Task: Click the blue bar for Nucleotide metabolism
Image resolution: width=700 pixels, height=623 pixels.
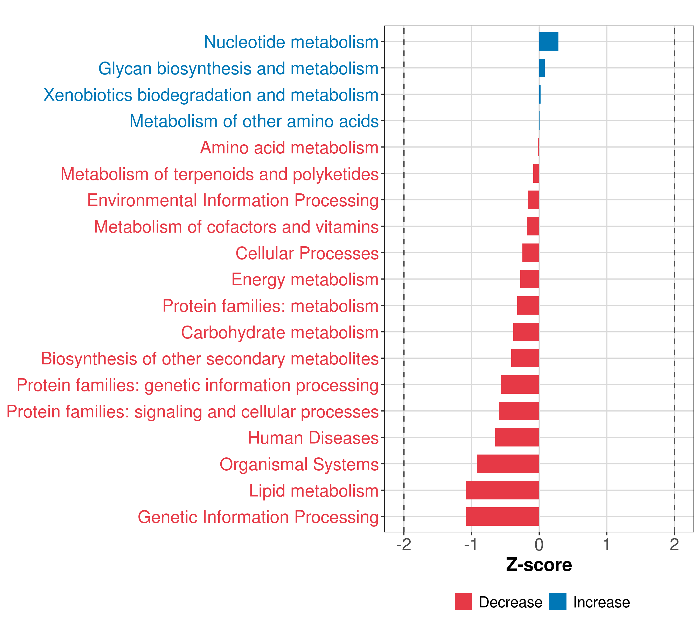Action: pyautogui.click(x=549, y=42)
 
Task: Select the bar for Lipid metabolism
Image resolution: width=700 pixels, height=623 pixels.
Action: pyautogui.click(x=502, y=490)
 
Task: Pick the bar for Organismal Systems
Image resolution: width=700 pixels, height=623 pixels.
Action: pyautogui.click(x=508, y=464)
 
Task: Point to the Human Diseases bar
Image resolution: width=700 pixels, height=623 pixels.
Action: pyautogui.click(x=517, y=437)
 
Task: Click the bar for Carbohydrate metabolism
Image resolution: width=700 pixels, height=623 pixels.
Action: pyautogui.click(x=526, y=332)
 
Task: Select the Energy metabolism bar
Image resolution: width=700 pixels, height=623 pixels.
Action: pyautogui.click(x=529, y=279)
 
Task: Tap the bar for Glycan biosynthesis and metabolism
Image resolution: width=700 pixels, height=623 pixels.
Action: pyautogui.click(x=542, y=68)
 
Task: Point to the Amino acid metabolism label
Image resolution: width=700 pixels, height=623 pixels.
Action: pyautogui.click(x=289, y=148)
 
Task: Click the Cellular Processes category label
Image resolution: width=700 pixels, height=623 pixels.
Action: pyautogui.click(x=307, y=253)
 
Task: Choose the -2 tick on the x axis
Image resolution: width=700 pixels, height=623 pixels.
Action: pyautogui.click(x=403, y=545)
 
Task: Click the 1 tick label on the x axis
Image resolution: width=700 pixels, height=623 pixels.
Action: pyautogui.click(x=606, y=545)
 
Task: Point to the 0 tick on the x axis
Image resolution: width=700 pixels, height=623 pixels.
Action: pyautogui.click(x=539, y=545)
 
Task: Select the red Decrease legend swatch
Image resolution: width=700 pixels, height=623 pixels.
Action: pyautogui.click(x=463, y=602)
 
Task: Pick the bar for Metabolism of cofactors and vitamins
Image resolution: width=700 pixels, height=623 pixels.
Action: pyautogui.click(x=533, y=226)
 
